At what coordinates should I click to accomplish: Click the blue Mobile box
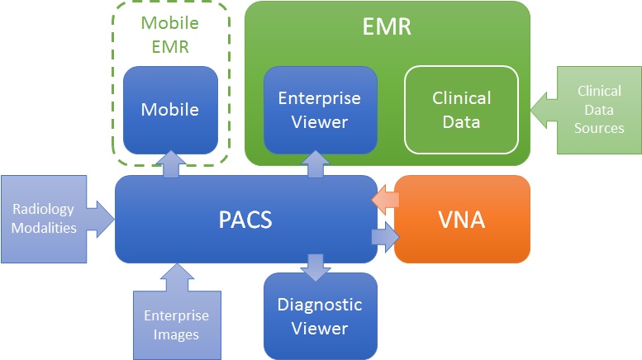[170, 110]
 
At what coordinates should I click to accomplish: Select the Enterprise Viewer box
[320, 110]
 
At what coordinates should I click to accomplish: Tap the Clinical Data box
[461, 110]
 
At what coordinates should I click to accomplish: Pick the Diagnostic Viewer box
[320, 316]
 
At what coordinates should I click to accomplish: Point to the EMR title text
[387, 26]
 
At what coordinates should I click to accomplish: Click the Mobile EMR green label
[170, 34]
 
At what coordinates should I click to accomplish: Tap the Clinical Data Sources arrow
[587, 110]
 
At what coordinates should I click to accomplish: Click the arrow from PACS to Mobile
[170, 164]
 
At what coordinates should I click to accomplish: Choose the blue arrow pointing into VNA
[385, 239]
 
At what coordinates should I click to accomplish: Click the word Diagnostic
[320, 305]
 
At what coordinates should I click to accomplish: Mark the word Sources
[600, 128]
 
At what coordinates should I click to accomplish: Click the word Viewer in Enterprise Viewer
[320, 122]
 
